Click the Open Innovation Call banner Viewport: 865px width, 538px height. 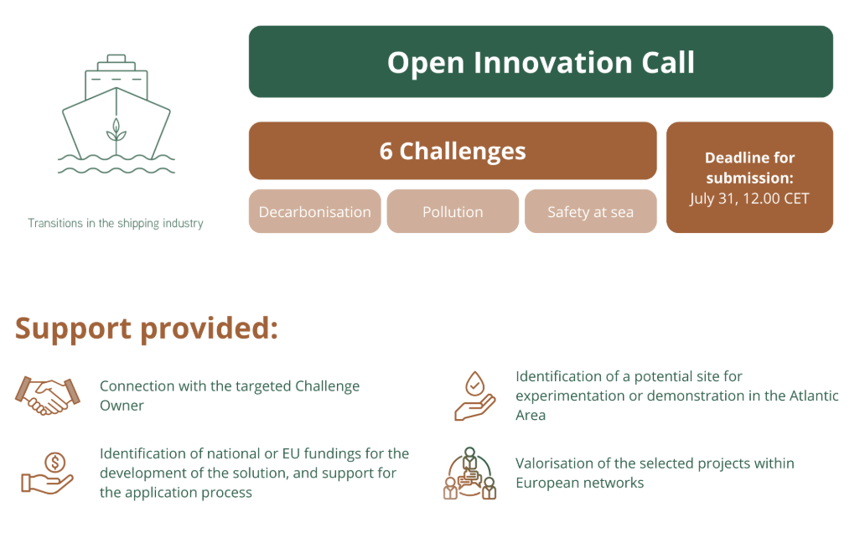541,62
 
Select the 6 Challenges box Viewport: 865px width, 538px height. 453,151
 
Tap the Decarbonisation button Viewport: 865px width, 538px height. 315,211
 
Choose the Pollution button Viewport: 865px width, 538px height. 453,211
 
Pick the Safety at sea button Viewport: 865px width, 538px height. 590,211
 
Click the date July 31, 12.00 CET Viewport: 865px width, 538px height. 749,199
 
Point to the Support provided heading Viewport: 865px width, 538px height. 146,328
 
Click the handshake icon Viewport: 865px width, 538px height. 48,395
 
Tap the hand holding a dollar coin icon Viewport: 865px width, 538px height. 48,473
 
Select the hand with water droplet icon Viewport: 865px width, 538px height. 474,396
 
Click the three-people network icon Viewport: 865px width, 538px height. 469,473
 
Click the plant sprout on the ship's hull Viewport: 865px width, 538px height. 116,132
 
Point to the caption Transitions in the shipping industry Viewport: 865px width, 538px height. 116,223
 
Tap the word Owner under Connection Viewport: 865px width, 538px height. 122,406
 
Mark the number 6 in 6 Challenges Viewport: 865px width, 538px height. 386,151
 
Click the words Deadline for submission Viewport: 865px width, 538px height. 749,168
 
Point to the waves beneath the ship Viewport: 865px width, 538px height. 117,165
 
